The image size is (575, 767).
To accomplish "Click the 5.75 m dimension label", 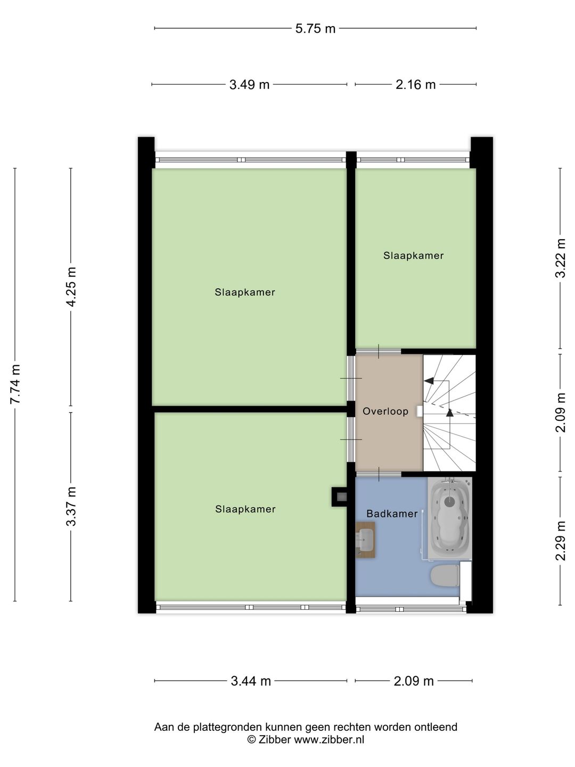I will [x=315, y=28].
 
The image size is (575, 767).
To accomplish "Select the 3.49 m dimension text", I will [x=249, y=84].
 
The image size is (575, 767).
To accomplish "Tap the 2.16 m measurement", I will [x=415, y=84].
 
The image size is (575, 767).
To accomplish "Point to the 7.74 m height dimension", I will [x=15, y=383].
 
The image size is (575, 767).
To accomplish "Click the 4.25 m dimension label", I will [x=71, y=286].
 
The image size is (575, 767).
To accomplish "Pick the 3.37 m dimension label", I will [x=71, y=506].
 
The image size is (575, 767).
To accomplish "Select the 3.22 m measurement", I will [x=560, y=258].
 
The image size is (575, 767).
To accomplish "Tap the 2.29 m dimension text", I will [x=560, y=541].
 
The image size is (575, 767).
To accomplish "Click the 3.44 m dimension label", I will [x=251, y=681].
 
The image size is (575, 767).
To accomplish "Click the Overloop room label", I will [x=385, y=411].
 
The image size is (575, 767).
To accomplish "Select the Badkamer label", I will [x=392, y=513].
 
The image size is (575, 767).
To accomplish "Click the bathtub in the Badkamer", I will [x=450, y=518].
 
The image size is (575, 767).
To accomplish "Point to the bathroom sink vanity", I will [x=366, y=539].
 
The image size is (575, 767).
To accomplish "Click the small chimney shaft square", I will [x=340, y=497].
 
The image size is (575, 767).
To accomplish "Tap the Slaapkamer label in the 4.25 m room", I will [x=245, y=292].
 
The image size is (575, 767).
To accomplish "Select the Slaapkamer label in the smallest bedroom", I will [x=413, y=256].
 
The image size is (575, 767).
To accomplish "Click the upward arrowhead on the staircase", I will [x=450, y=412].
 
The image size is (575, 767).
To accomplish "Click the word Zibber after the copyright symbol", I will [x=275, y=739].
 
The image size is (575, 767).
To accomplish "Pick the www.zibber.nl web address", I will [x=329, y=739].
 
